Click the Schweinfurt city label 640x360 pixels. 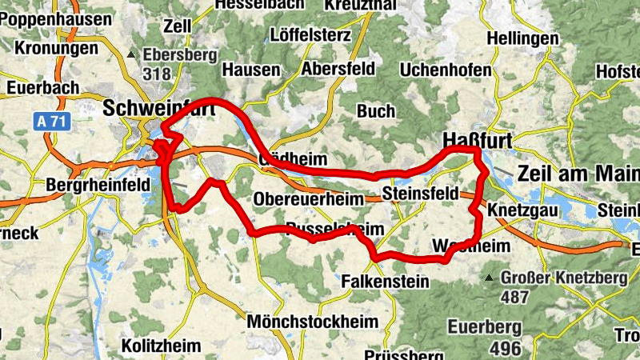click(x=160, y=107)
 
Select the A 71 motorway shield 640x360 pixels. click(x=50, y=122)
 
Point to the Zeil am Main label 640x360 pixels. click(x=578, y=174)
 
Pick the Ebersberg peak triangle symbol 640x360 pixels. click(x=132, y=54)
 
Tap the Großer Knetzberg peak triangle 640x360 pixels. click(x=489, y=278)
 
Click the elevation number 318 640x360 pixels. click(x=159, y=74)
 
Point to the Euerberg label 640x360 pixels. click(x=485, y=327)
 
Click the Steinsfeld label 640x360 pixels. click(x=420, y=194)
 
